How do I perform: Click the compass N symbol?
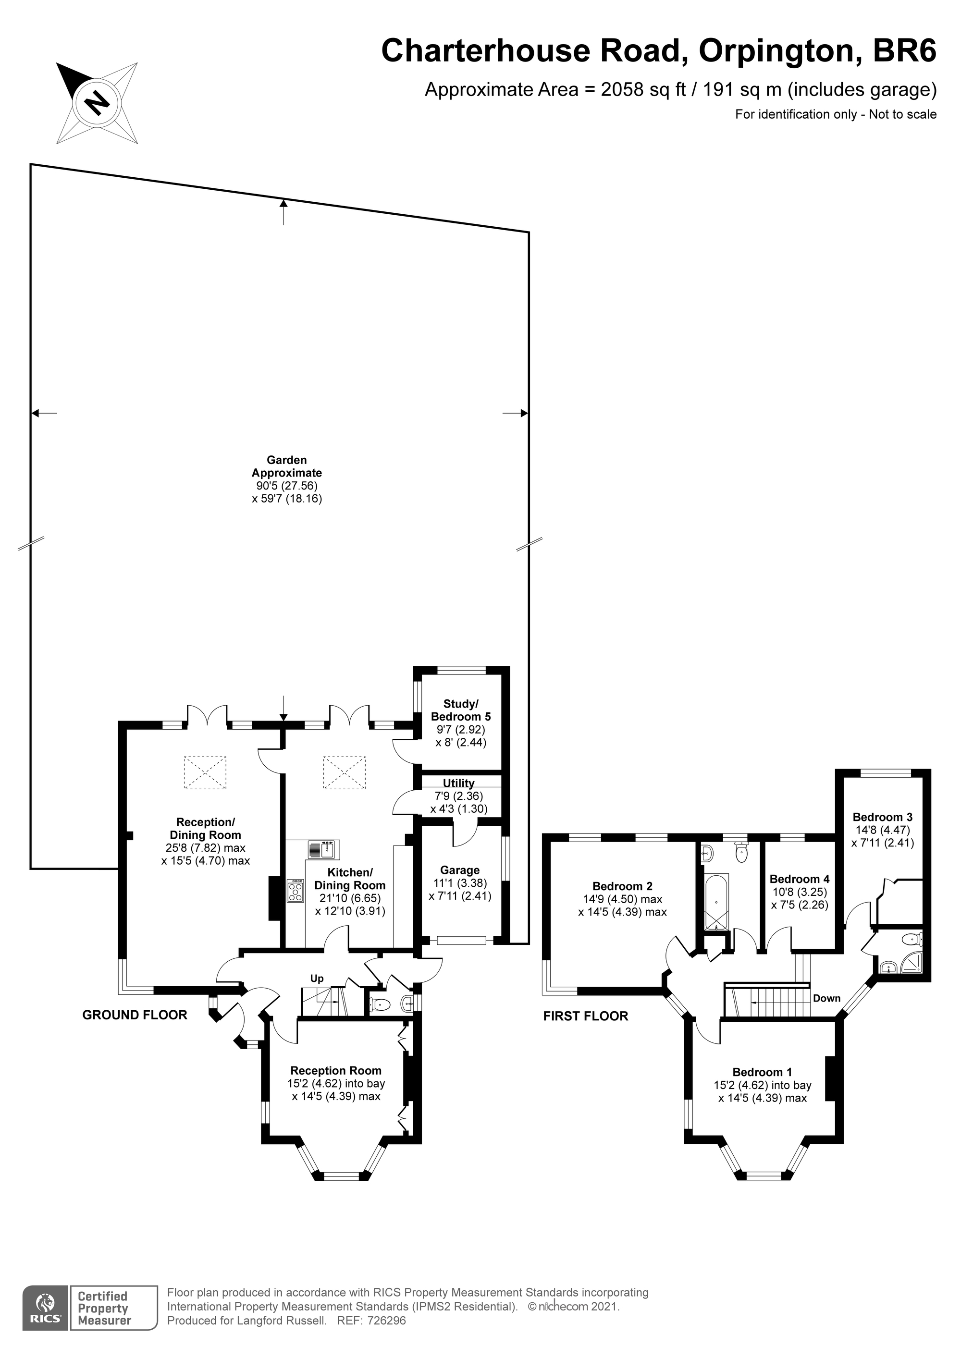pos(98,103)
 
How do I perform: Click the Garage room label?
pos(459,870)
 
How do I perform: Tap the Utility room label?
pos(459,783)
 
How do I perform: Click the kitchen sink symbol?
pos(323,849)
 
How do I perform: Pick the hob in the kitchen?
pos(294,891)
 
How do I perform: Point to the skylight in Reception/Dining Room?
pos(205,772)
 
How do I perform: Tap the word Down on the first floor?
pos(826,998)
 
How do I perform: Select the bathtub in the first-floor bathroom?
pos(716,902)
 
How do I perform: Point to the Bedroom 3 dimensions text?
pos(882,836)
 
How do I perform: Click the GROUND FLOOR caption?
pos(135,1015)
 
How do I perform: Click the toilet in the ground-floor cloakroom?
pos(380,1004)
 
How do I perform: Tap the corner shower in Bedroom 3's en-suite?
pos(912,966)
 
